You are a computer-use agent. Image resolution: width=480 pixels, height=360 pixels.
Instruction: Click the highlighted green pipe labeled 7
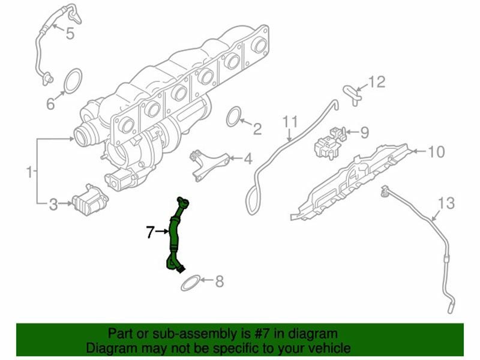click(173, 233)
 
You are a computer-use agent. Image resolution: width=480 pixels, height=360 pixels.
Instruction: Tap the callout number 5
click(70, 33)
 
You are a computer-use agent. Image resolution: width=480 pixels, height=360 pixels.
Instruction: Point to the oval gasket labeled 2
click(234, 116)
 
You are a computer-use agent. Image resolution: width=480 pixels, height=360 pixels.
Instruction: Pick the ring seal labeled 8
click(190, 283)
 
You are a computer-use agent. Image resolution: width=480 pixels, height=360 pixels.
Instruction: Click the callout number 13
click(446, 203)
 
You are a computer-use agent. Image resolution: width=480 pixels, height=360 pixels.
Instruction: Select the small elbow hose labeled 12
click(353, 95)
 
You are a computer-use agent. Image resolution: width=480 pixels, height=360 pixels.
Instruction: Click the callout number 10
click(436, 152)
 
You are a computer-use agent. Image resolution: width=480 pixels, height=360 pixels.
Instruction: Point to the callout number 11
click(290, 122)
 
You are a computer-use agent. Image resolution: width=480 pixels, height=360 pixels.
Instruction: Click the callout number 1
click(29, 172)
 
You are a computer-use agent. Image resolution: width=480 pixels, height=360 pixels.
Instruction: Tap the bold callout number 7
click(149, 232)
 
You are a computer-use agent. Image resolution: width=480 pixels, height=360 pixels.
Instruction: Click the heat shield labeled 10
click(349, 182)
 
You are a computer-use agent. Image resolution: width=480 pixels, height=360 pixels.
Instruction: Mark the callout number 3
click(53, 204)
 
